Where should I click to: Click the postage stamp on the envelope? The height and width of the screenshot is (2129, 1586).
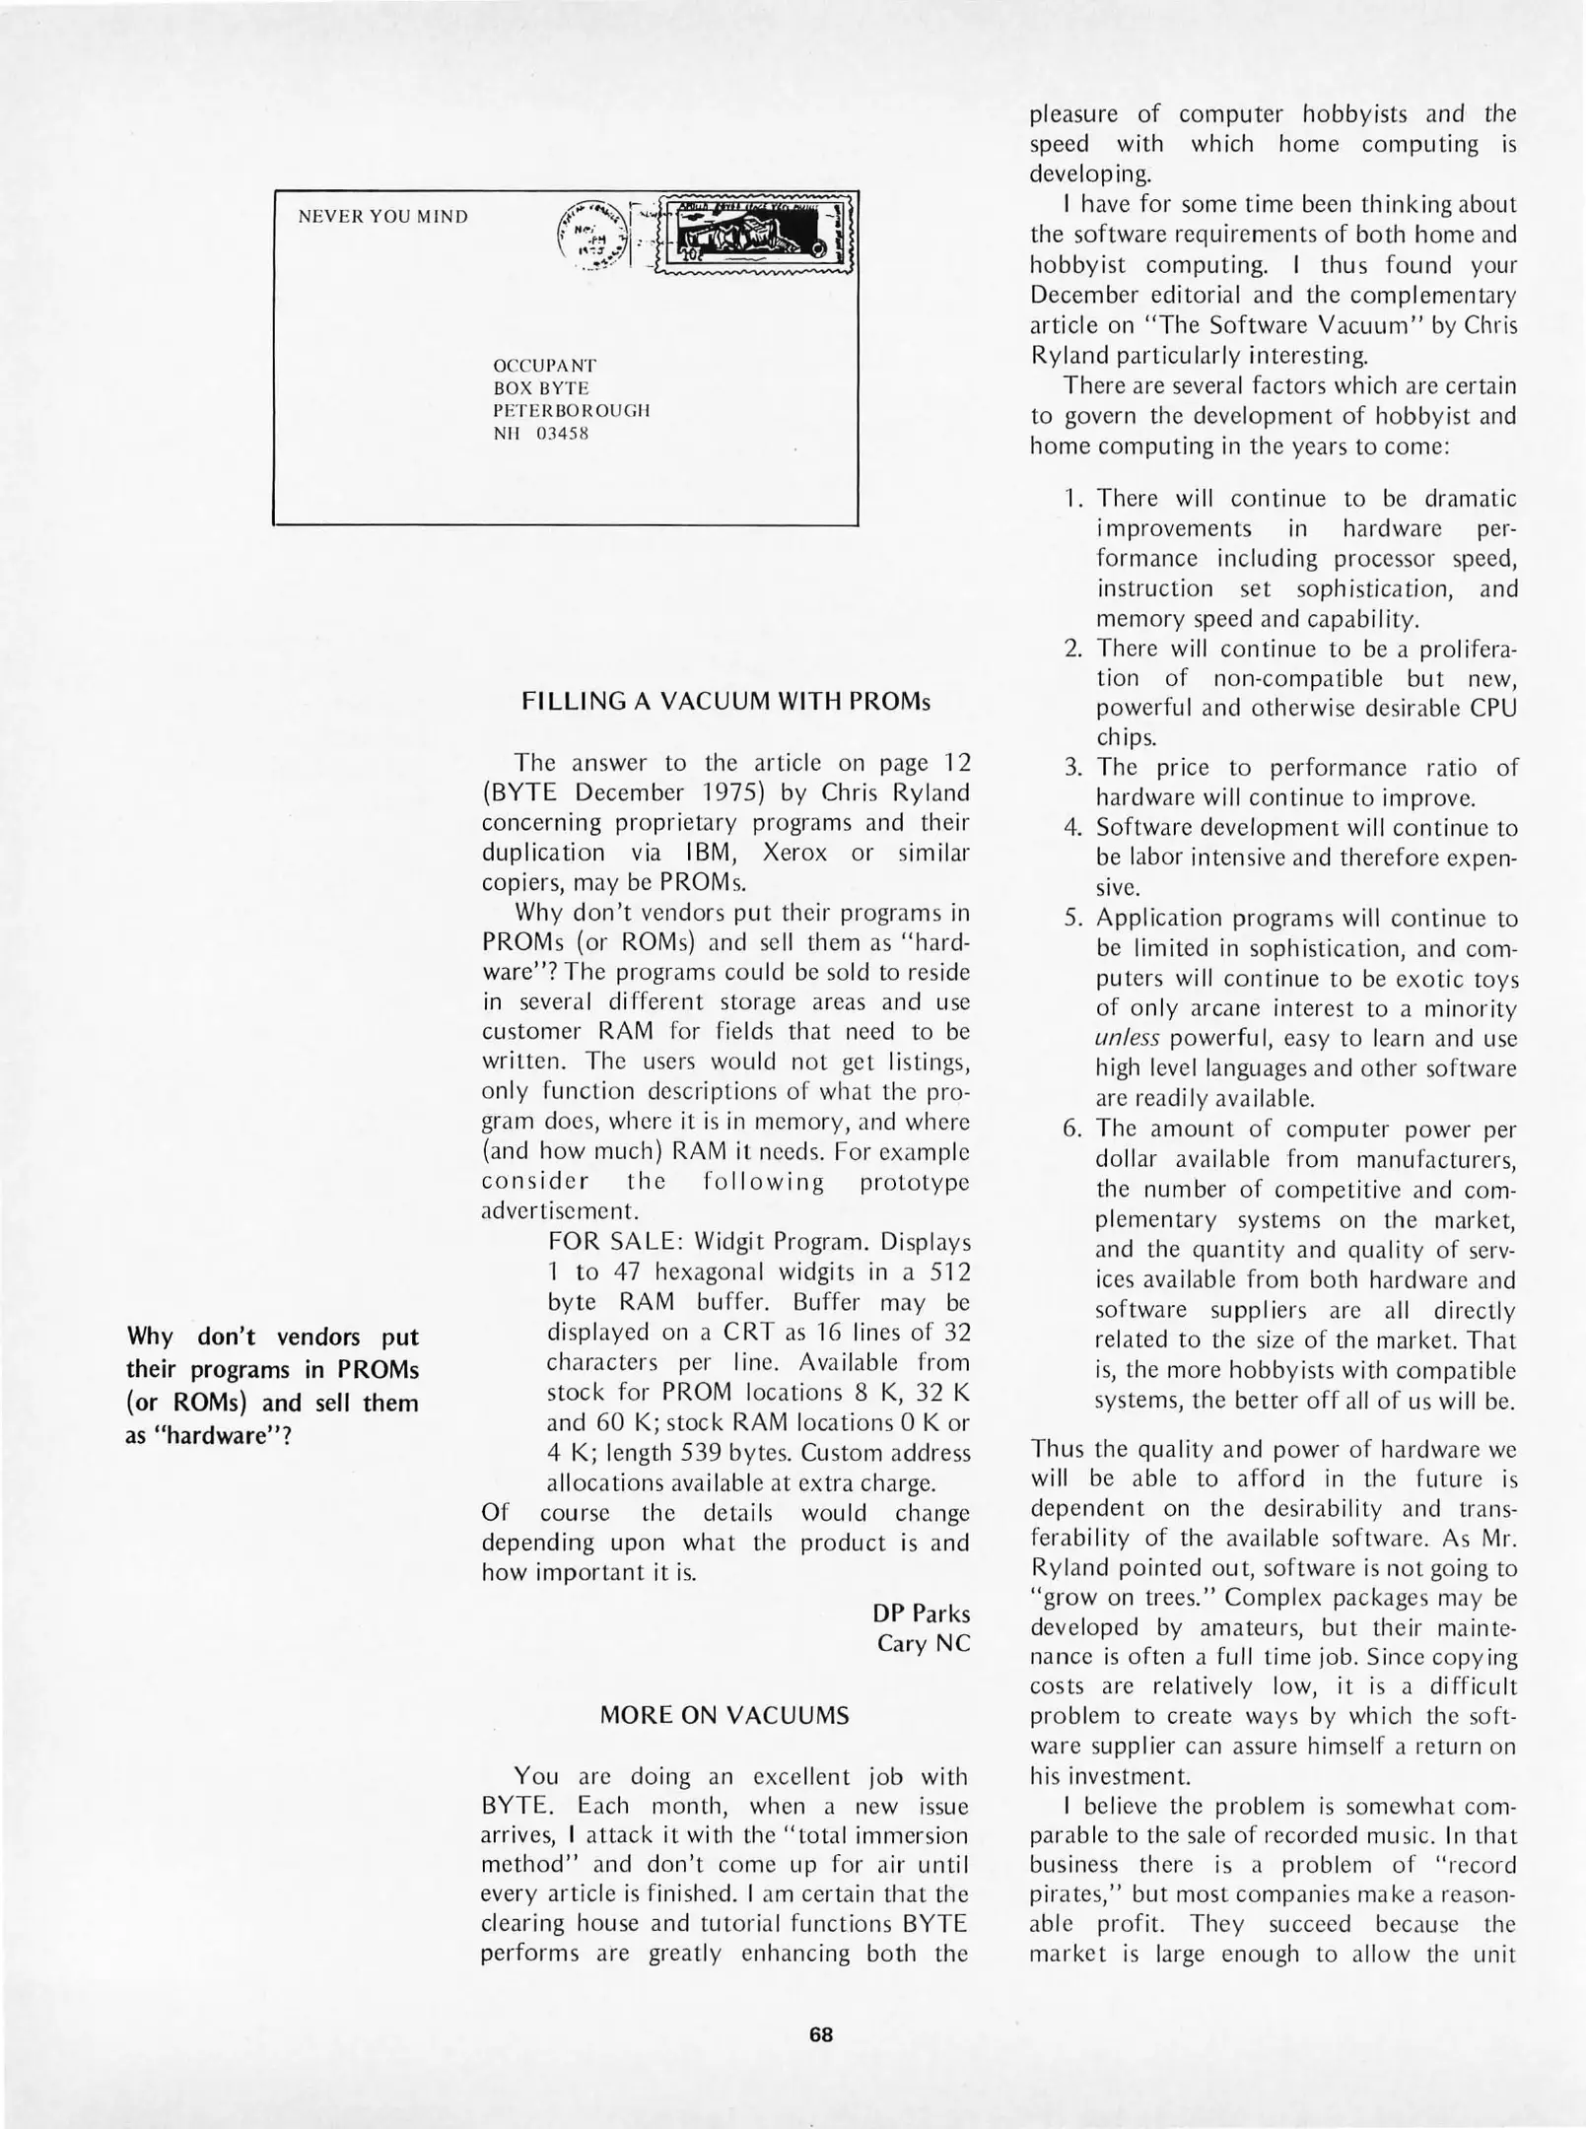coord(754,234)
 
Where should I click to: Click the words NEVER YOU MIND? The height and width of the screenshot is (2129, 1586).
coord(382,217)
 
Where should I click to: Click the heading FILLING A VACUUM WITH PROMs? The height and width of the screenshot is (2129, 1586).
coord(725,701)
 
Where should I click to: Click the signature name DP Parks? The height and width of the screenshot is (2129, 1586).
coord(921,1613)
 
